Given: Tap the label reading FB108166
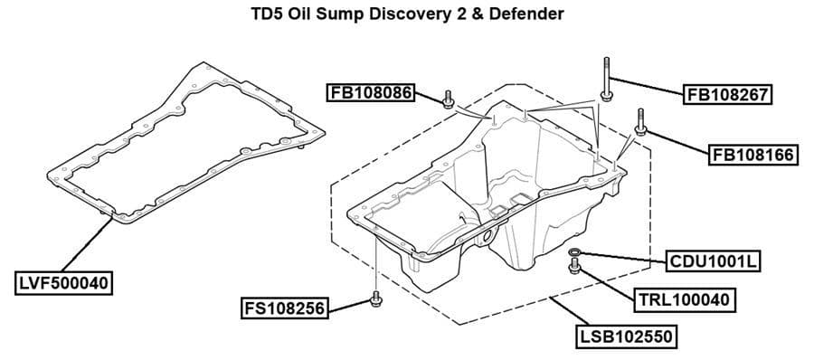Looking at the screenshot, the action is click(752, 155).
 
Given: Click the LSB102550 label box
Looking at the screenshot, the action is click(627, 337).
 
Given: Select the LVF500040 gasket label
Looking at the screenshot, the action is click(63, 283).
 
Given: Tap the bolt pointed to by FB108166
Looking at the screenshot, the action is click(639, 123).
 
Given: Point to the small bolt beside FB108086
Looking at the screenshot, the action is click(448, 99).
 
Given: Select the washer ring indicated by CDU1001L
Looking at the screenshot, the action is click(575, 251).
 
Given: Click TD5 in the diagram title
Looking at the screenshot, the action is click(266, 14).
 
